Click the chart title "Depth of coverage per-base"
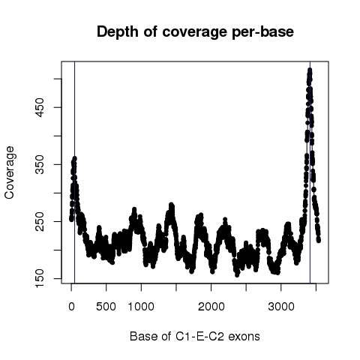tap(195, 32)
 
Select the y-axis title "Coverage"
tap(10, 172)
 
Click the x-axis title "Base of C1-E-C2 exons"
tap(195, 336)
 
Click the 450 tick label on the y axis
tap(40, 107)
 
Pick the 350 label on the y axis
tap(40, 164)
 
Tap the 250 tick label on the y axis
tap(40, 221)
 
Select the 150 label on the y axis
tap(40, 278)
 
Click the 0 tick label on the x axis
tap(71, 307)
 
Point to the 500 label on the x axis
tap(106, 307)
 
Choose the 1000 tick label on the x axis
tap(141, 307)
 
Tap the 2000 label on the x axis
tap(211, 307)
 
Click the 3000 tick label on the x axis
tap(281, 307)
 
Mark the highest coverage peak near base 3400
tap(310, 70)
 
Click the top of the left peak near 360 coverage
tap(74, 158)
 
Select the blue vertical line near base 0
tap(75, 172)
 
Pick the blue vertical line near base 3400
tap(310, 172)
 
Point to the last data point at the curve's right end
tap(319, 241)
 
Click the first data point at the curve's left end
tap(71, 219)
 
